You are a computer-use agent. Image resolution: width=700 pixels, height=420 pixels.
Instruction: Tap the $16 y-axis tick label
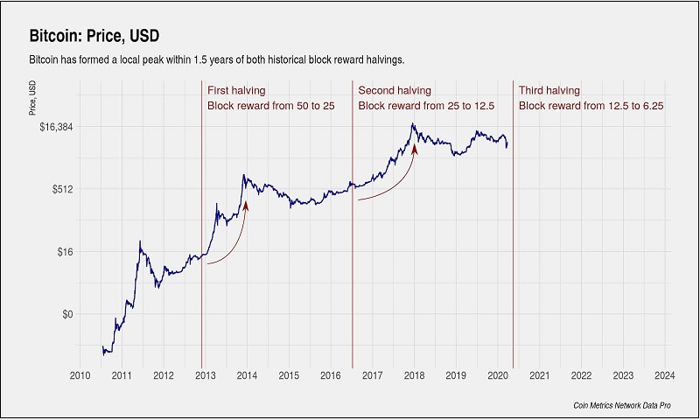click(x=66, y=252)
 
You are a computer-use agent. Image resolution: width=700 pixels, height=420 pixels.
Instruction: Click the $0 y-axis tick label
click(x=68, y=314)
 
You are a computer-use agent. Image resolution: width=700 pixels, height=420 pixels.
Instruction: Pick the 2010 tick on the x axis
click(x=80, y=375)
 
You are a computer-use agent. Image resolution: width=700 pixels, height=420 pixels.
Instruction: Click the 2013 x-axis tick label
click(x=205, y=375)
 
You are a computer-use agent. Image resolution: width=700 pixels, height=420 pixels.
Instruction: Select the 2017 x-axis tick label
click(x=372, y=375)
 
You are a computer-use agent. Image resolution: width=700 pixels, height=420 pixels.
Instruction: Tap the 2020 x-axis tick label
click(x=497, y=375)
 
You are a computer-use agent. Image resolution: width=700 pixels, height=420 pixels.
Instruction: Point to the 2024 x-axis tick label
click(x=664, y=375)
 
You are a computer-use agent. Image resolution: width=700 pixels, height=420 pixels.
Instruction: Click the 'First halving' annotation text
click(x=236, y=90)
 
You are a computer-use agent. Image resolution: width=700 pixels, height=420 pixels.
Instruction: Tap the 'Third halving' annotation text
click(x=549, y=90)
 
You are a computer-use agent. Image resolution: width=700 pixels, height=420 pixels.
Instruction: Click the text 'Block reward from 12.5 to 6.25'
click(x=591, y=106)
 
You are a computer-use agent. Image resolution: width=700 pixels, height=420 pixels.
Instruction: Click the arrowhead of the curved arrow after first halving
click(x=246, y=205)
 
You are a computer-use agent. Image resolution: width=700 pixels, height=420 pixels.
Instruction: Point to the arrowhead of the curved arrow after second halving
click(x=415, y=150)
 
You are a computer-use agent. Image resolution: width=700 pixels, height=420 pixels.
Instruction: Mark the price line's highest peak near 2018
click(x=412, y=124)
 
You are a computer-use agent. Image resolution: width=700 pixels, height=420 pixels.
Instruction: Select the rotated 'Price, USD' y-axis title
click(x=31, y=99)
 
